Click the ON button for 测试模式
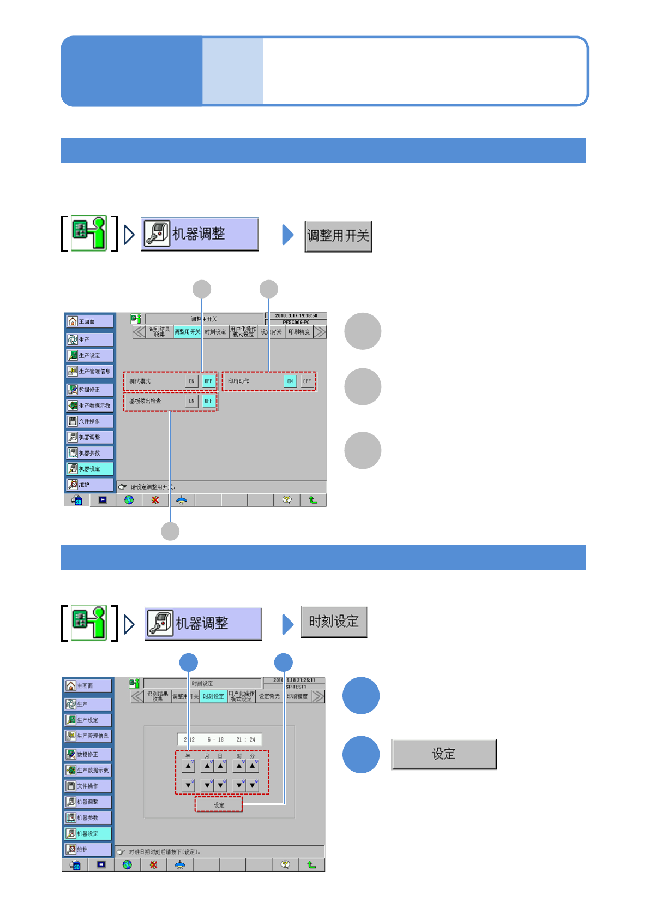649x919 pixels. pos(191,381)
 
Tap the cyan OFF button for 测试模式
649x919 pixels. pos(208,381)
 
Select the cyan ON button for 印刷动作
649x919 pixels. pos(290,381)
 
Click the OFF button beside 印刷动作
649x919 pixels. pos(307,381)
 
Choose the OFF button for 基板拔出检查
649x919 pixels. pos(208,401)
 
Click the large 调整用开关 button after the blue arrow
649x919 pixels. pos(338,236)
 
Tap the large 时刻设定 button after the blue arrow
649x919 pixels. pos(334,622)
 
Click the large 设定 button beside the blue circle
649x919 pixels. pos(444,754)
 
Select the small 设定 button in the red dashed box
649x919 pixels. pos(219,805)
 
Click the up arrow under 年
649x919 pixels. pos(188,766)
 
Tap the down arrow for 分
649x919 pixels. pos(253,786)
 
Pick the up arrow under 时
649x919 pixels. pos(239,766)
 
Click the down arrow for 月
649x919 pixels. pos(207,786)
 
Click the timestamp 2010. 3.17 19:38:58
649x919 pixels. pos(296,315)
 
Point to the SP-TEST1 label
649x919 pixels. pos(296,687)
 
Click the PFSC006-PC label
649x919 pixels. pos(296,322)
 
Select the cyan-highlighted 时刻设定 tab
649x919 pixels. pos(213,696)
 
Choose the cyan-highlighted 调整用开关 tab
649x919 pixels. pos(187,332)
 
